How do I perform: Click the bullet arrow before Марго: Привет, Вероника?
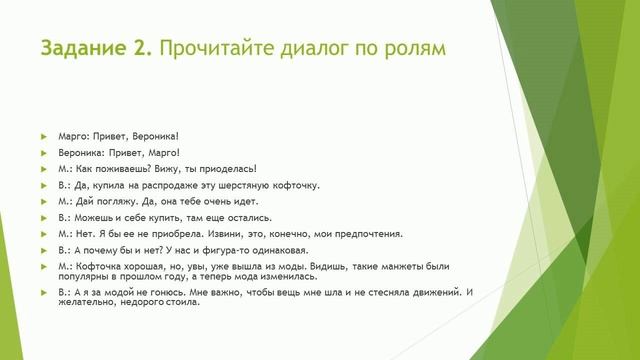[x=44, y=135]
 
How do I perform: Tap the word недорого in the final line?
[x=138, y=303]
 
